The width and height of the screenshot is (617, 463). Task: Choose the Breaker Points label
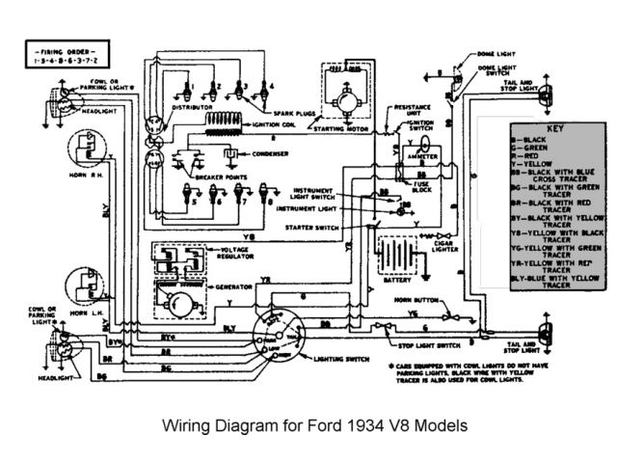216,177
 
